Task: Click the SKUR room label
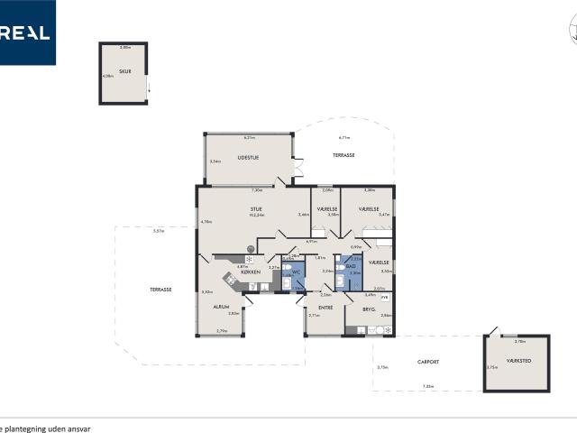coord(125,70)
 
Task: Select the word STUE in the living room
coord(256,209)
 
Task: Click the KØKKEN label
coord(251,272)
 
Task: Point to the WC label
coord(295,271)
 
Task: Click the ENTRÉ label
coord(325,308)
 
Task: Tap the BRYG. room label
coord(369,309)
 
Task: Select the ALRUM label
coord(220,307)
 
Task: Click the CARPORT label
coord(427,362)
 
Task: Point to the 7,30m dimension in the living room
coord(256,190)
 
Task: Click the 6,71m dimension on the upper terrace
coord(343,138)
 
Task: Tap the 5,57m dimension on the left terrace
coord(159,231)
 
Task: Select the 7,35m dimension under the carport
coord(427,386)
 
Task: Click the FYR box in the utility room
coord(385,296)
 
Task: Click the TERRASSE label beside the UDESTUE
coord(343,155)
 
